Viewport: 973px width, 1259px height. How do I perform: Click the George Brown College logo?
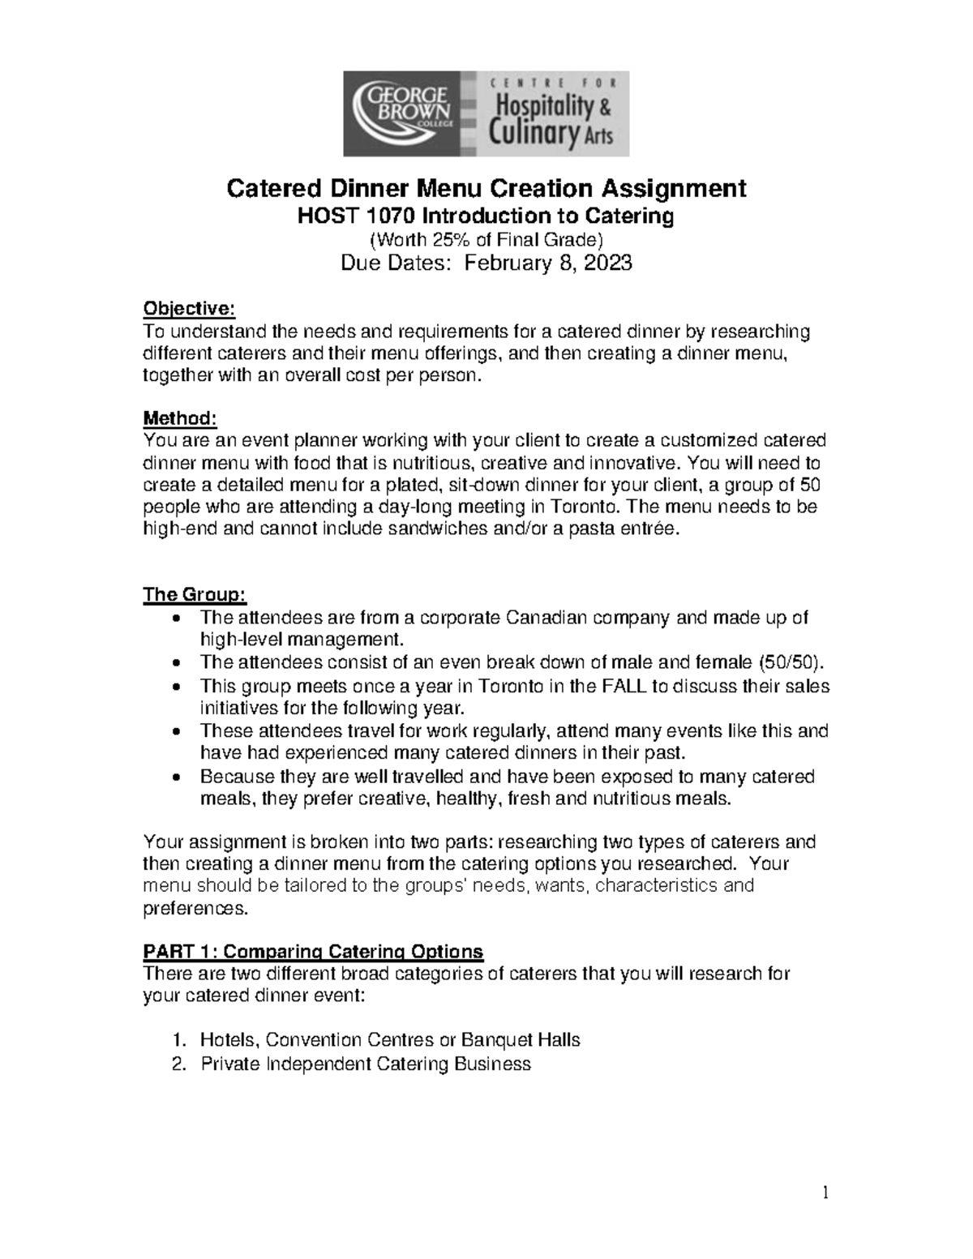point(403,113)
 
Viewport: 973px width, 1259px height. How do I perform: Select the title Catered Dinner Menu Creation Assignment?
point(486,189)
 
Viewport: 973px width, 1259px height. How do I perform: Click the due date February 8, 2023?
point(547,263)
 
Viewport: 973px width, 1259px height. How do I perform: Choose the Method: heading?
point(180,418)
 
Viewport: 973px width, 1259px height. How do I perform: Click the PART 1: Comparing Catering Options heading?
point(313,951)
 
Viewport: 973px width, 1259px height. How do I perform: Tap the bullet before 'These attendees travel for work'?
point(178,731)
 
